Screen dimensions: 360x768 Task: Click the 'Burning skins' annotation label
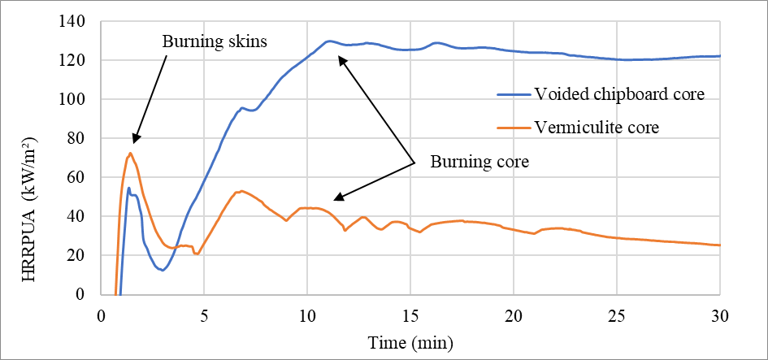(x=215, y=41)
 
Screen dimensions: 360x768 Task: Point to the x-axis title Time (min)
(x=410, y=340)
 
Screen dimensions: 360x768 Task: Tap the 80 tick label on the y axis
(x=85, y=138)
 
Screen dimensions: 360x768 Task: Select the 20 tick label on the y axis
(x=85, y=255)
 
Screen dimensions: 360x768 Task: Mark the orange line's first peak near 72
(x=130, y=153)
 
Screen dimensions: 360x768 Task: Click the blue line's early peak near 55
(x=128, y=188)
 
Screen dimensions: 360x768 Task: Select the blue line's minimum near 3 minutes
(x=163, y=270)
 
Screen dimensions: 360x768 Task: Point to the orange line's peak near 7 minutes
(x=241, y=191)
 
